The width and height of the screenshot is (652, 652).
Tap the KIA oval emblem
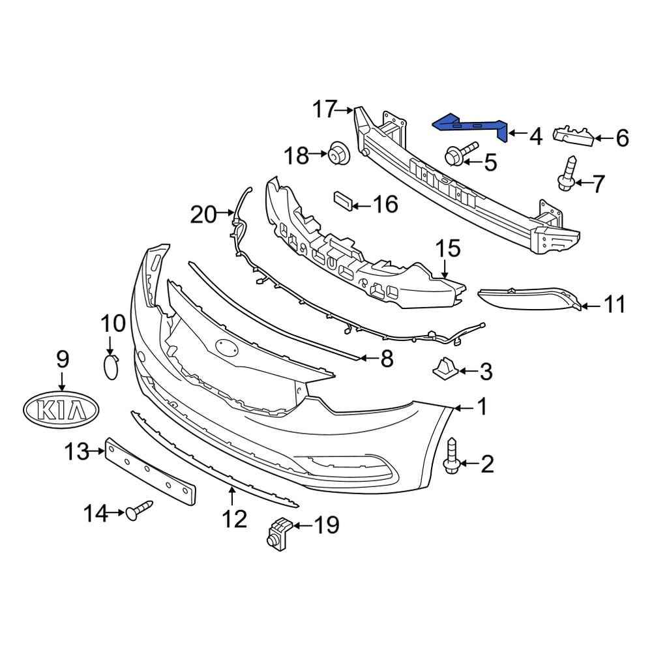(x=61, y=410)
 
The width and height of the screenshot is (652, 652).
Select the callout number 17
(x=324, y=110)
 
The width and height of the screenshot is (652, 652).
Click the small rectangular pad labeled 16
(x=344, y=201)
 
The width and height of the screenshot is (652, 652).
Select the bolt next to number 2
(x=452, y=456)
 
